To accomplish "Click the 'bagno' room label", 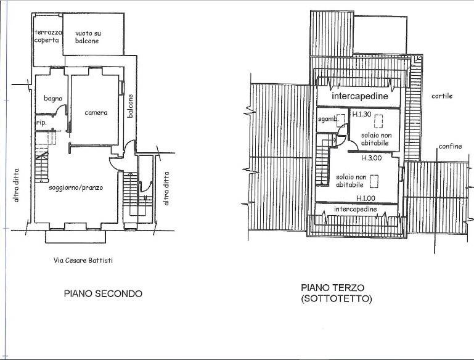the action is coord(53,98).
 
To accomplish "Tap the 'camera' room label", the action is coord(96,113).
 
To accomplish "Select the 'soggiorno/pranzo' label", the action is coord(76,188).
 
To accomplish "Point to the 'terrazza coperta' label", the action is coord(48,36).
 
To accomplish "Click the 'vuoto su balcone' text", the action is coord(88,37).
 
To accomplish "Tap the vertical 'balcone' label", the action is coord(130,106).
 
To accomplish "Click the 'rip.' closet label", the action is coord(41,123).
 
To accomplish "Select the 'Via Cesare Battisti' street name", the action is coord(83,260).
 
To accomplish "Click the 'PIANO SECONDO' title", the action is coord(103,293).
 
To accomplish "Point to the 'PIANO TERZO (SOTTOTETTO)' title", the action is coord(337,293).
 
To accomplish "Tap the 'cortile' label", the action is coord(442,96).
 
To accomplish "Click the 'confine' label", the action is coord(450,146).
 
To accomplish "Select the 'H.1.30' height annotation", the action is coord(362,114).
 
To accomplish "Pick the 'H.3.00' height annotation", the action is coord(372,158).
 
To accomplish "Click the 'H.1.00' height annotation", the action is coord(366,198).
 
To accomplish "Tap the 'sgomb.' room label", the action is coord(328,119).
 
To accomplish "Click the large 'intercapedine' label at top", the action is coord(360,96).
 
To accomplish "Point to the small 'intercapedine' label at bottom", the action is coord(356,209).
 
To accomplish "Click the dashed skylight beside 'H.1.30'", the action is coord(378,121).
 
